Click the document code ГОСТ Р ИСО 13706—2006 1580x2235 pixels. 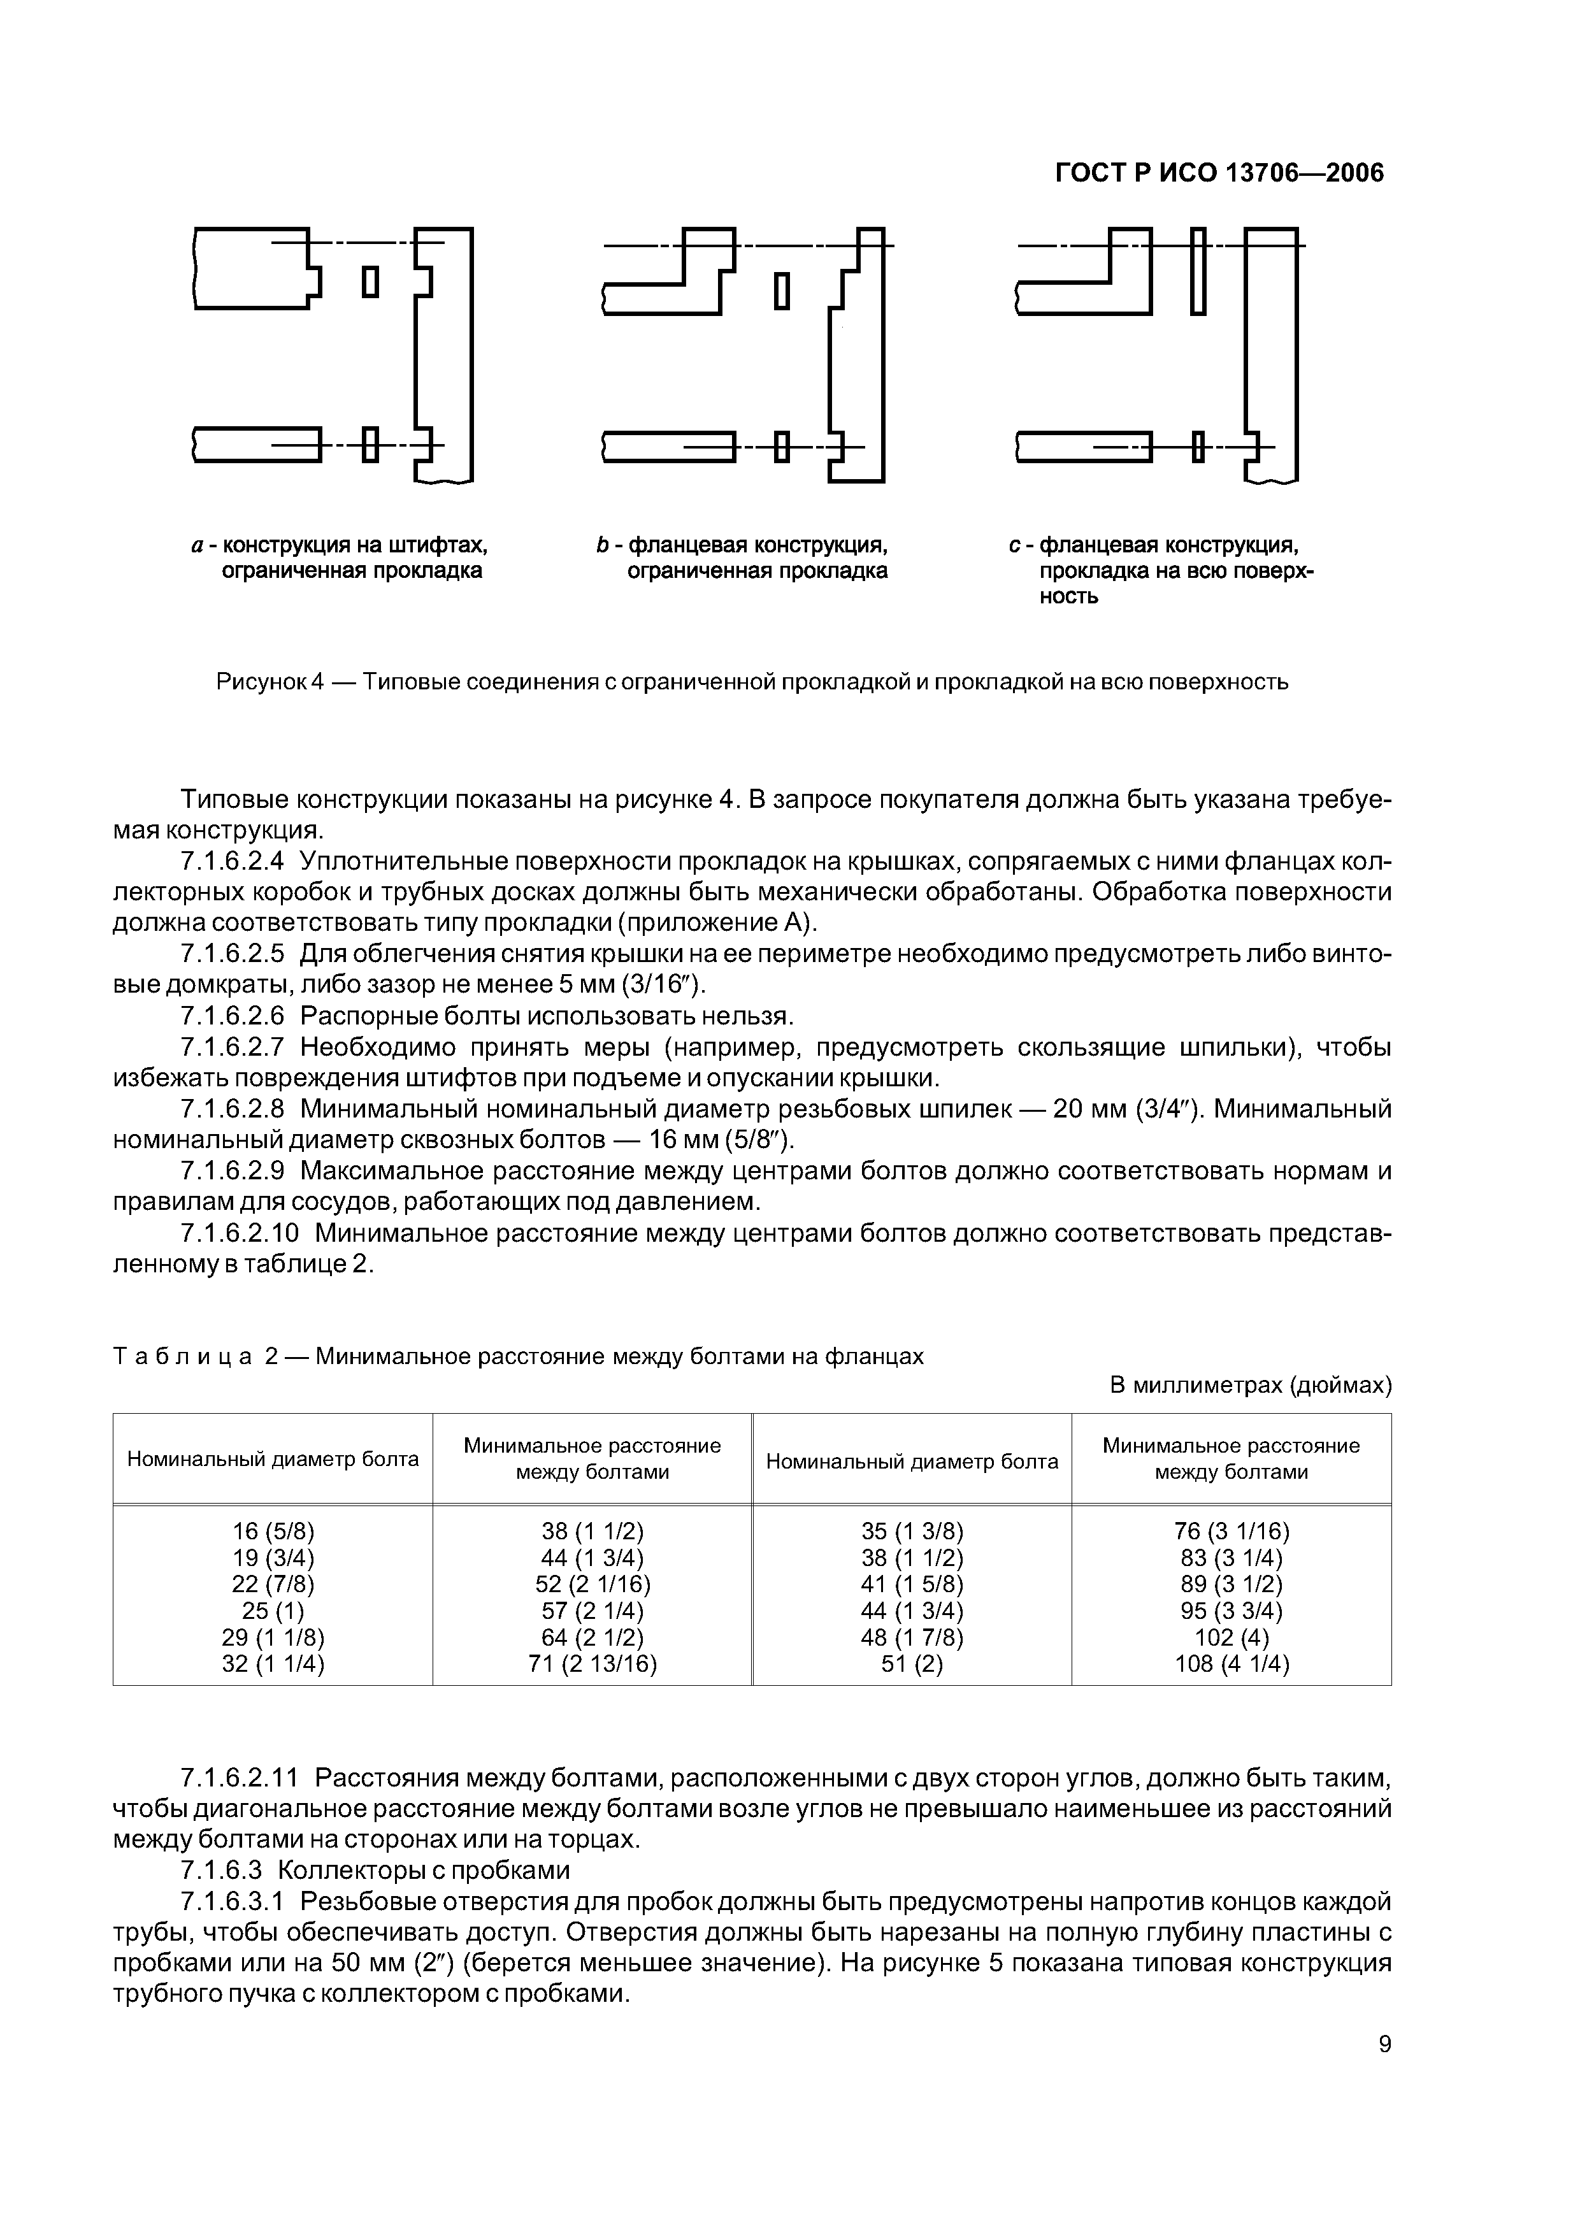1219,173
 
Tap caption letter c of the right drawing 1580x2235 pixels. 1014,545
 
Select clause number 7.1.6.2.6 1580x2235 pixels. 233,1016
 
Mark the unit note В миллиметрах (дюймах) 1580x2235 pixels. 1250,1384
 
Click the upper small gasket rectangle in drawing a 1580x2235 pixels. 370,282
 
